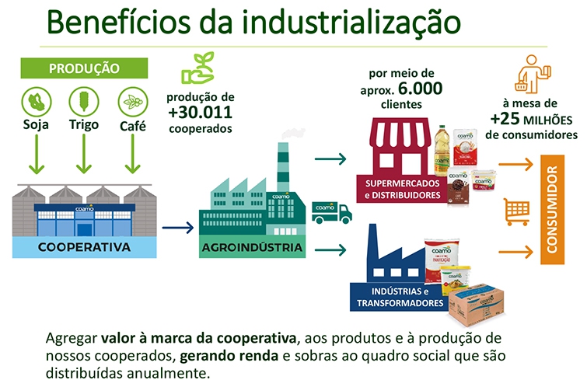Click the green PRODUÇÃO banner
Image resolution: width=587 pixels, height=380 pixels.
click(x=84, y=68)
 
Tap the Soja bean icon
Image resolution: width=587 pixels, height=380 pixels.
click(x=37, y=102)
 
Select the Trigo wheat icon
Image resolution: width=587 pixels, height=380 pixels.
click(x=84, y=102)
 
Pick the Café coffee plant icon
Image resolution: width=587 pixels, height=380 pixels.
click(x=133, y=102)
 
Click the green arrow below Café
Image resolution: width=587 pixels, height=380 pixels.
click(x=132, y=154)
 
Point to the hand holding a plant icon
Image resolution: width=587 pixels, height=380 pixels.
click(x=197, y=68)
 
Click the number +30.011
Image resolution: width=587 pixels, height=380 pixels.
click(x=200, y=112)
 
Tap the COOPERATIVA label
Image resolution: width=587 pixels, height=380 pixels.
click(x=84, y=247)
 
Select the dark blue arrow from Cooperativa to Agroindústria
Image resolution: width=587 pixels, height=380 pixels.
click(x=178, y=228)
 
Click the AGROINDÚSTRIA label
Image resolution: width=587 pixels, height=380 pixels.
click(x=252, y=248)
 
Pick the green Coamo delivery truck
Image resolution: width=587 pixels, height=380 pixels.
click(x=332, y=212)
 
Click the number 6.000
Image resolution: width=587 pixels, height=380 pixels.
click(x=420, y=89)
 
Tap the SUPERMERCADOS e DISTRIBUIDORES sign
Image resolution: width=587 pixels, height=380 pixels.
click(x=403, y=190)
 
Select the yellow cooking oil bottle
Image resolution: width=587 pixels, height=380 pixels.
click(x=442, y=150)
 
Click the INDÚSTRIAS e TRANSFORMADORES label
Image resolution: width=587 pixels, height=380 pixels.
click(x=400, y=297)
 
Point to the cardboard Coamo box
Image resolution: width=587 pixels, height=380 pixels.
click(x=476, y=305)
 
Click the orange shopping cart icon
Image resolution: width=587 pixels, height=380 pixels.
click(x=517, y=211)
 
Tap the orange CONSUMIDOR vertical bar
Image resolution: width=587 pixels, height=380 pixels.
click(x=552, y=210)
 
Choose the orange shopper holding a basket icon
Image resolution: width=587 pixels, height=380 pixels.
click(x=533, y=74)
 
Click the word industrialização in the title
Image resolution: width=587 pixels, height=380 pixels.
click(x=351, y=22)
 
